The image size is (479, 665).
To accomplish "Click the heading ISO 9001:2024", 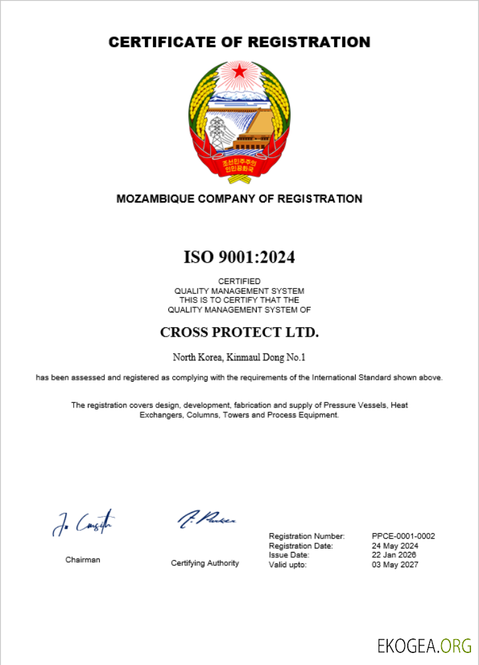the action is (x=239, y=257).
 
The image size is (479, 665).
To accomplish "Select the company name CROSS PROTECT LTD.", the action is (x=239, y=332).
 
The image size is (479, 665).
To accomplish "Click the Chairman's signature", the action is (x=83, y=523).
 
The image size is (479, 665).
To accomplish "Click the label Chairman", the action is (x=82, y=560).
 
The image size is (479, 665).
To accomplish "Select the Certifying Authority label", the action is (x=204, y=563).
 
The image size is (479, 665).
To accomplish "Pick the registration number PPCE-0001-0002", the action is (x=403, y=536).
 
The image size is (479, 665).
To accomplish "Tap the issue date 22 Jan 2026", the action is (x=395, y=555).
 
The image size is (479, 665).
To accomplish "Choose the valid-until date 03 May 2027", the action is (x=395, y=565).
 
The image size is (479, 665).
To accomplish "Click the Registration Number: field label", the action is (x=307, y=536).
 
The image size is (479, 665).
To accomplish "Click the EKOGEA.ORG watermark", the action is (x=424, y=645).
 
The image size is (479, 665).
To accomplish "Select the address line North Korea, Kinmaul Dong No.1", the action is (x=239, y=357).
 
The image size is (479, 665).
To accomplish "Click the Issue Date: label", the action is (x=289, y=555).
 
